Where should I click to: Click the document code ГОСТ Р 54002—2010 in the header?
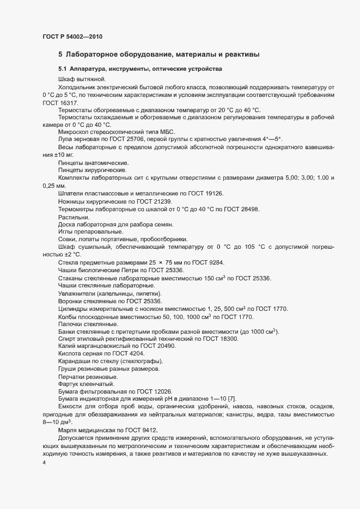(72, 37)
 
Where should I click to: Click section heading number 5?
(60, 54)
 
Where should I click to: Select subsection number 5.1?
(63, 69)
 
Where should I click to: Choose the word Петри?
(129, 271)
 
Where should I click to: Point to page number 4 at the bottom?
(44, 463)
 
